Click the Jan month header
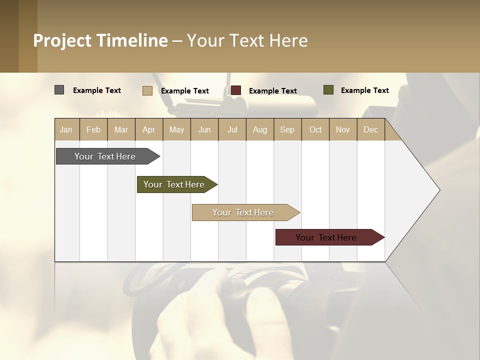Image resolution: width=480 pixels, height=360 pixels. tap(66, 129)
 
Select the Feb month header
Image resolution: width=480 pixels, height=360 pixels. tap(93, 129)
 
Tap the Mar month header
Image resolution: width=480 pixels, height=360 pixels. tap(121, 129)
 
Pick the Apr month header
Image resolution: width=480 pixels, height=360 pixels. tap(149, 129)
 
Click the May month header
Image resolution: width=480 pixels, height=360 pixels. tap(176, 129)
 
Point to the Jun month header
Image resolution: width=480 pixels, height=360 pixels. tap(204, 129)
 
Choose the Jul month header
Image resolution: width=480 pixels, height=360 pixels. tap(232, 129)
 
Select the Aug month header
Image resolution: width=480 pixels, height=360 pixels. tap(260, 129)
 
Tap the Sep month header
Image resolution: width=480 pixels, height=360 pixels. tap(287, 129)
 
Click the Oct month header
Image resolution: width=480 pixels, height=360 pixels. tap(315, 129)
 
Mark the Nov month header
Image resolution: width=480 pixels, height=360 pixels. tap(343, 129)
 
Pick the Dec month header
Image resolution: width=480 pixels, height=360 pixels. tap(370, 129)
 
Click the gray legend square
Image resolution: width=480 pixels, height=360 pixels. tap(59, 90)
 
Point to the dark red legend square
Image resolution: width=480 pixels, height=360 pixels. tap(236, 90)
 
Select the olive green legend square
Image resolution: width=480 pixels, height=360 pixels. tap(328, 90)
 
